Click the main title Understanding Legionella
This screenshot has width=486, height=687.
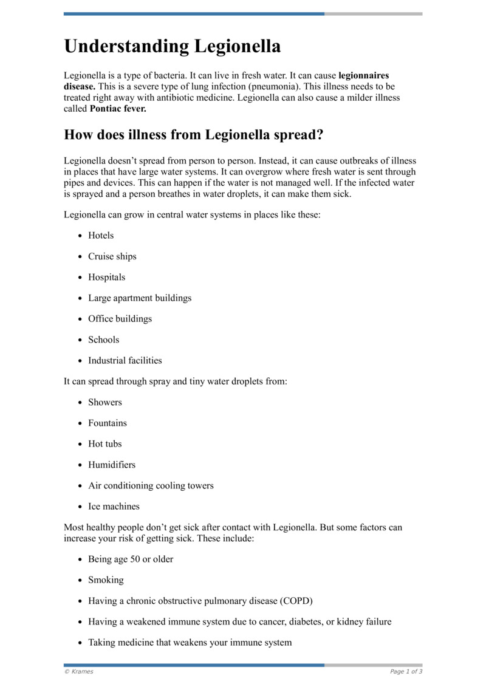coord(172,47)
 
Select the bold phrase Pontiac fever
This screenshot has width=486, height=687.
coord(118,109)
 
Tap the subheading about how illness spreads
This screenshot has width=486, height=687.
coord(193,135)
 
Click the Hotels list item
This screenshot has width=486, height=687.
coord(101,236)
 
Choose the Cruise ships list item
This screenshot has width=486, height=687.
coord(112,256)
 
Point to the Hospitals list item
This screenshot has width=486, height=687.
coord(107,277)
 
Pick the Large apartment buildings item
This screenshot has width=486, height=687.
coord(140,298)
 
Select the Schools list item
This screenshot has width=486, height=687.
coord(104,340)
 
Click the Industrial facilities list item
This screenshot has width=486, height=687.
coord(125,360)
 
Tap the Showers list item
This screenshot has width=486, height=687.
coord(105,402)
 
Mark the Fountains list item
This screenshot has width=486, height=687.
coord(108,423)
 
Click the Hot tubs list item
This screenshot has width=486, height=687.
coord(105,444)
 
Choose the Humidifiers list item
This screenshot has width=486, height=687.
coord(112,465)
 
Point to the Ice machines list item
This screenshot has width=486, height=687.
coord(114,506)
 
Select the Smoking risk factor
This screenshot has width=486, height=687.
coord(106,580)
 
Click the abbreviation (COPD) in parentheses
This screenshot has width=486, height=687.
coord(296,601)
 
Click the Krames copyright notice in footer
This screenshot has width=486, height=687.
coord(79,671)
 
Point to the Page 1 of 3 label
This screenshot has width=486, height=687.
coord(406,671)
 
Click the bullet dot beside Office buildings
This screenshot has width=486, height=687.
coord(81,319)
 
